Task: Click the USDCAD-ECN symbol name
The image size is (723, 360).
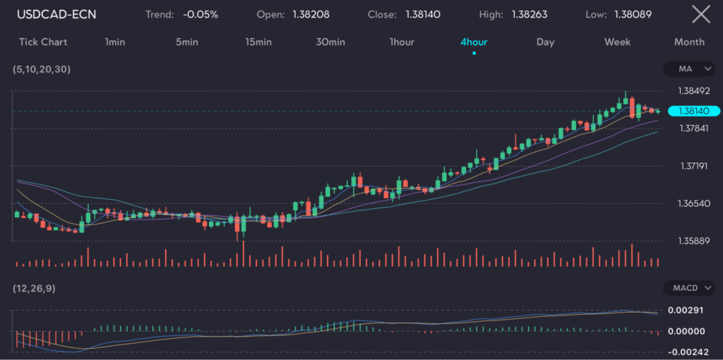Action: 56,14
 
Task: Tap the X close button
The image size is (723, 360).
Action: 700,14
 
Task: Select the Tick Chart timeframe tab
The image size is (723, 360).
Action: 43,42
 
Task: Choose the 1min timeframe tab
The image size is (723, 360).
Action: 114,42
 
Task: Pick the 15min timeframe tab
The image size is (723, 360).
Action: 258,42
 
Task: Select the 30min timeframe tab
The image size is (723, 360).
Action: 330,42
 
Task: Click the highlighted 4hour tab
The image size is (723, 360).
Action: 474,42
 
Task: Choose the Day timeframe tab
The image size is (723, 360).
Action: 545,42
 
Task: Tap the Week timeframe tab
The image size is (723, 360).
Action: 617,42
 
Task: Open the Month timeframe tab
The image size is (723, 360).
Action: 689,42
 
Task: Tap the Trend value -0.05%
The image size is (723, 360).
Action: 200,14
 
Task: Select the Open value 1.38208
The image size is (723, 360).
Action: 311,14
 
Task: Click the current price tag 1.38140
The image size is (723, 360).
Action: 693,111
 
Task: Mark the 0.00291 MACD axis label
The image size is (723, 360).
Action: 691,310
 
